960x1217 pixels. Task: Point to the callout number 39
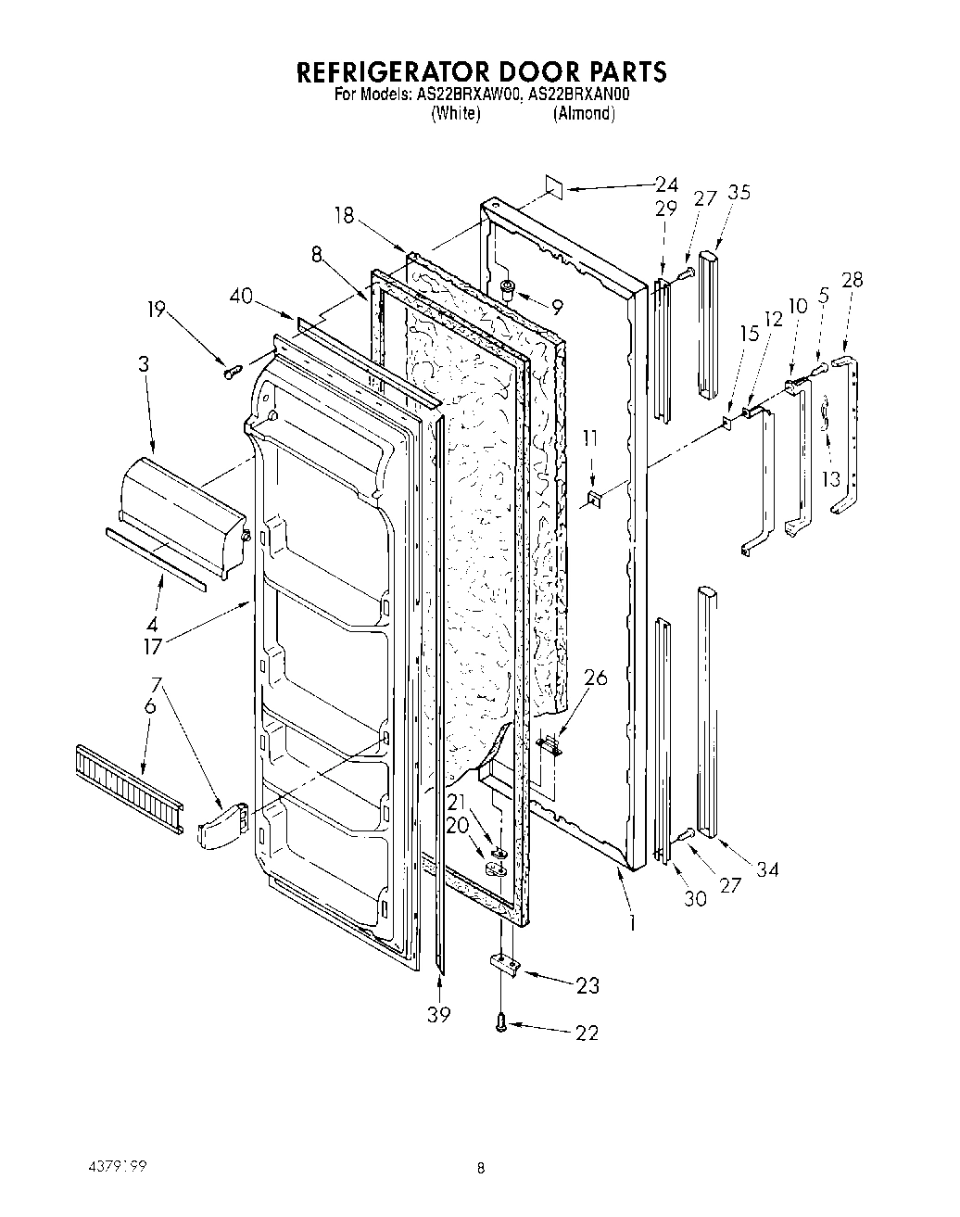tap(438, 1015)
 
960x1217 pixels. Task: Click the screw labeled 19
tap(231, 371)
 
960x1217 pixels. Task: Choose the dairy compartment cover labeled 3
tap(181, 511)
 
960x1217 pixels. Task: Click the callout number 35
tap(739, 193)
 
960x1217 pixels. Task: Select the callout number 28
tap(852, 279)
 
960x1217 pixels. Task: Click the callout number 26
tap(596, 678)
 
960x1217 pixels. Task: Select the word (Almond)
tap(584, 113)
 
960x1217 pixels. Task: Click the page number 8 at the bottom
tap(480, 1169)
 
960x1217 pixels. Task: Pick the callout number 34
tap(766, 868)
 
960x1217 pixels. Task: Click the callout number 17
tap(153, 645)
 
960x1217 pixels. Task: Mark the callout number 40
tap(241, 297)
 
